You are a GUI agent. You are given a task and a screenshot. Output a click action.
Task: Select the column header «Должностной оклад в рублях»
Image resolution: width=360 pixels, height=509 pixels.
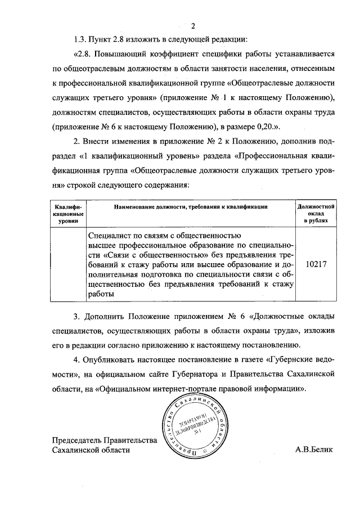coord(316,214)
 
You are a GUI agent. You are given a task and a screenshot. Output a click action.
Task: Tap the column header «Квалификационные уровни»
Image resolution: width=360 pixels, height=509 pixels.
coord(68,214)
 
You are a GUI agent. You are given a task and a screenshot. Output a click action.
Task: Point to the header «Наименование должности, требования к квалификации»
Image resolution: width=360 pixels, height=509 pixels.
coord(190,207)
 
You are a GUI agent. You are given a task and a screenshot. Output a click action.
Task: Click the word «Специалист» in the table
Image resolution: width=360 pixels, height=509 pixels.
coord(110,235)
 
